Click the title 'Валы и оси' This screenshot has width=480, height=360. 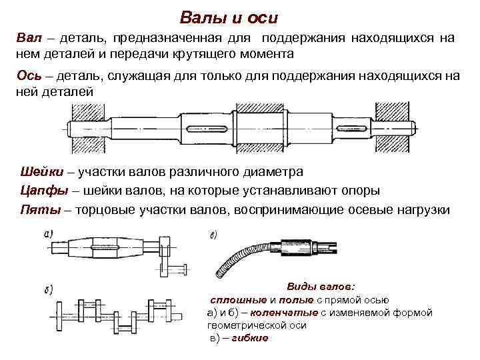[229, 17]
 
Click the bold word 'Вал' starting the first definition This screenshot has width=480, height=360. [29, 38]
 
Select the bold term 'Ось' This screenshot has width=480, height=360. [29, 75]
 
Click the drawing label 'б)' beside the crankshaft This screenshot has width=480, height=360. [48, 290]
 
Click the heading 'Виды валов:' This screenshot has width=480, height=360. [321, 286]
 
